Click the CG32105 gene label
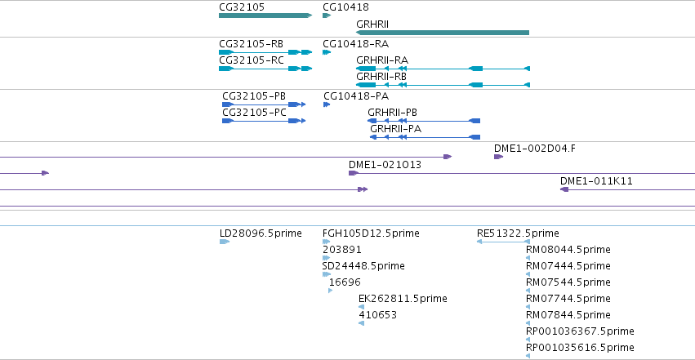tap(242, 7)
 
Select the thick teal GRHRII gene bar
tap(443, 33)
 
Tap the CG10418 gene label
tap(345, 7)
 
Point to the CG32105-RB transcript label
tap(251, 44)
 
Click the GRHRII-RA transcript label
tap(382, 60)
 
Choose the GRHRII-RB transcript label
tap(381, 77)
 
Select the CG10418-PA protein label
tap(356, 96)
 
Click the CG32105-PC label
tap(255, 113)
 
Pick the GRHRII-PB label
tap(392, 113)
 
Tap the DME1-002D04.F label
tap(535, 149)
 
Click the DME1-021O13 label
tap(385, 165)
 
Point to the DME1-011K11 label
tap(596, 181)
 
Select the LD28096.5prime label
tap(261, 233)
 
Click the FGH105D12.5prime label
tap(371, 233)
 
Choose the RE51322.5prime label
tap(518, 233)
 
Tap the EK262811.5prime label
tap(403, 299)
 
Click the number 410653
tap(377, 315)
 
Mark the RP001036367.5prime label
tap(580, 331)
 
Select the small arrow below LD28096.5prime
tap(225, 242)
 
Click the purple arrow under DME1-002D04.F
tap(499, 157)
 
